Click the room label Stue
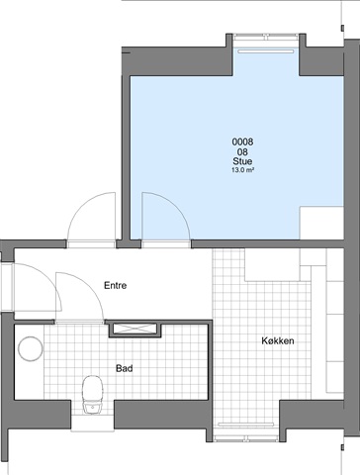coord(242,161)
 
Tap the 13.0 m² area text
coord(242,170)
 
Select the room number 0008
coord(242,142)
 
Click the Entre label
coord(116,285)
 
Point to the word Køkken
coord(278,340)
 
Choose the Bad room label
coord(125,368)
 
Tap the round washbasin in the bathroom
coord(31,348)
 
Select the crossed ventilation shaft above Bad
coord(135,329)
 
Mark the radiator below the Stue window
coord(266,51)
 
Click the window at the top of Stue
coord(266,37)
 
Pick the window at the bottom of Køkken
coord(246,438)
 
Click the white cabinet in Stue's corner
coord(321,223)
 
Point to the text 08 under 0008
coord(242,152)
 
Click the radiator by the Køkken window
coord(246,425)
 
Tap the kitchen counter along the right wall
coord(335,321)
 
